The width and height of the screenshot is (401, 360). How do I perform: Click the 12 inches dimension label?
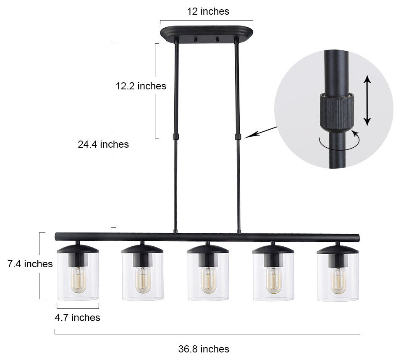click(208, 11)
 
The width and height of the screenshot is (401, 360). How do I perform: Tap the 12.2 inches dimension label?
click(141, 86)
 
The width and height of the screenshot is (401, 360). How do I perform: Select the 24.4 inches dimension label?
click(103, 144)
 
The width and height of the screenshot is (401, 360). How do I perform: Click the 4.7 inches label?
click(77, 318)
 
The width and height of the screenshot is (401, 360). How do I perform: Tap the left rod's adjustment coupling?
click(176, 136)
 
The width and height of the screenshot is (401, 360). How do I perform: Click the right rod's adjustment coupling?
click(238, 136)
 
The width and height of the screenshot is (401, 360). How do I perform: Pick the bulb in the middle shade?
click(208, 280)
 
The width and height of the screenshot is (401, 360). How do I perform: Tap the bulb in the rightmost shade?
click(338, 280)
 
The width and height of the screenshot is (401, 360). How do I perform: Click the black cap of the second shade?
click(142, 249)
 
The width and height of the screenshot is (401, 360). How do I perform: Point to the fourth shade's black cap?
click(273, 249)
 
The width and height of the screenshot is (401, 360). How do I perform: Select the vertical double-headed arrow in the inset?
click(367, 100)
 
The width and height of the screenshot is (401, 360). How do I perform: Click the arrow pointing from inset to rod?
click(260, 131)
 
